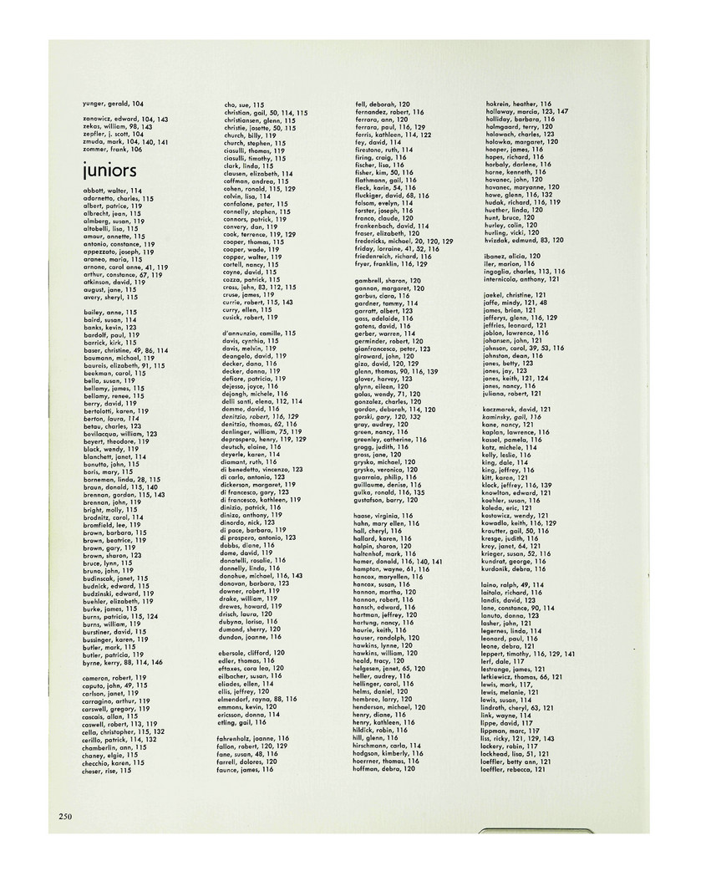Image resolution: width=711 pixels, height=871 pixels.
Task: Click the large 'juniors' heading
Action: click(x=109, y=171)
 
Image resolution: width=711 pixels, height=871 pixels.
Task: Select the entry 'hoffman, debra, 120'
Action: click(x=384, y=768)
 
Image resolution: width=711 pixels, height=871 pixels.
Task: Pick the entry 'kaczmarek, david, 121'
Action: click(x=518, y=410)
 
